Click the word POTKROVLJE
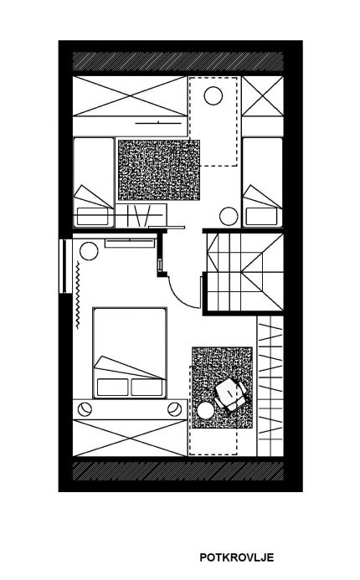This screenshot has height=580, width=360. coord(237,557)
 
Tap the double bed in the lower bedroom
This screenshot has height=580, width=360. coord(130,353)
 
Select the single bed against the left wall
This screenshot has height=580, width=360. coord(94,182)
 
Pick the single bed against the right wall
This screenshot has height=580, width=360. coord(262,182)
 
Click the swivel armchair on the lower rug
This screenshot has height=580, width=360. coord(232,394)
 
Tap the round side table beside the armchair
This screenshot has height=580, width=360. coord(206,410)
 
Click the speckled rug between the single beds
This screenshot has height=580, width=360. coord(159,170)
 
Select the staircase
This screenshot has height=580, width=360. coord(245,272)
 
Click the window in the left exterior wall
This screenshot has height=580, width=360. coord(65,266)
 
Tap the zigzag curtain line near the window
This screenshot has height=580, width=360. coord(78,295)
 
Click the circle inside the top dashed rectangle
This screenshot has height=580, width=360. coord(213,95)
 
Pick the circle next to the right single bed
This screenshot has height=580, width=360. coord(229,217)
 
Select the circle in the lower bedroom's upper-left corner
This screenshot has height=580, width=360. coord(89,251)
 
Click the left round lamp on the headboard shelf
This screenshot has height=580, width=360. coord(85,409)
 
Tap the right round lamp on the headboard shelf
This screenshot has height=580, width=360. coord(175,409)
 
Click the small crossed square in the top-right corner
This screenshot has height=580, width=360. coord(262,96)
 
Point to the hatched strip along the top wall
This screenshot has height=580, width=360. coord(178,61)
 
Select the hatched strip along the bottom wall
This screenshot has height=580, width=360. coord(178,471)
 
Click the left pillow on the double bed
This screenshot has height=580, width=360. coord(112,387)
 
